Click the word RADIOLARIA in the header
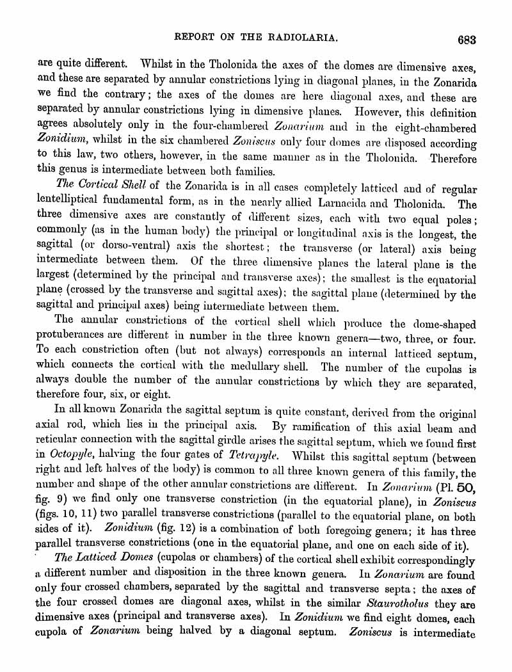coord(298,38)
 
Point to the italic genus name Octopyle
coord(72,455)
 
